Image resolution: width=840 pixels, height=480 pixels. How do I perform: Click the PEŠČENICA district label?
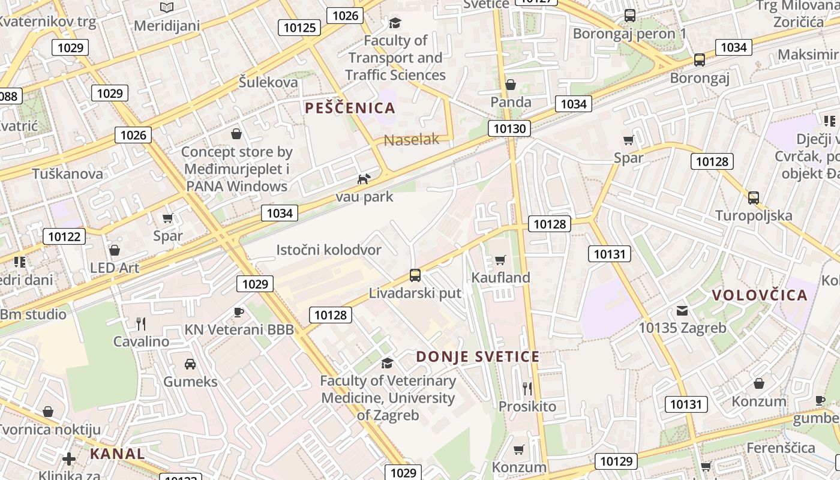click(350, 108)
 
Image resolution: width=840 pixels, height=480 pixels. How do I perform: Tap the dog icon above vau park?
click(364, 179)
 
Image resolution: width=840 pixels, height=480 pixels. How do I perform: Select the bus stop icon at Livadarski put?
click(415, 275)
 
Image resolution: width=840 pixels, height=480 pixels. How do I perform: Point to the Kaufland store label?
click(501, 277)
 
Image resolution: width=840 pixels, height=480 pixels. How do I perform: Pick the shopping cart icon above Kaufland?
click(500, 260)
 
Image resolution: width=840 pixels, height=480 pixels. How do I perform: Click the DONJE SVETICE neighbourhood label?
click(478, 356)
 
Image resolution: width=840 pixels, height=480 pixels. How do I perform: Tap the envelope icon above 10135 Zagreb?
click(682, 311)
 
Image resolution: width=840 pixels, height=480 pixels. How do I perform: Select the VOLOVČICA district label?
click(760, 295)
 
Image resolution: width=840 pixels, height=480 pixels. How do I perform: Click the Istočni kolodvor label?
click(329, 250)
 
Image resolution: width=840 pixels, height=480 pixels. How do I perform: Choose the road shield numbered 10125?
click(299, 27)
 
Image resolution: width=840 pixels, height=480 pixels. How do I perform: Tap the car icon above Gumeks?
click(190, 364)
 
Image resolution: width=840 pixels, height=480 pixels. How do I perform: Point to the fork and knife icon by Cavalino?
click(141, 324)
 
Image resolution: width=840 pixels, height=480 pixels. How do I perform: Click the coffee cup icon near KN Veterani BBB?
click(239, 312)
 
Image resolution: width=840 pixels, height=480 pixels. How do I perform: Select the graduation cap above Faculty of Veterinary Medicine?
click(388, 363)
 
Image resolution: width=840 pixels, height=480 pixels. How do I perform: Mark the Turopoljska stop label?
click(754, 215)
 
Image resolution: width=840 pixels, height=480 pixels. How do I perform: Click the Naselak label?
click(412, 140)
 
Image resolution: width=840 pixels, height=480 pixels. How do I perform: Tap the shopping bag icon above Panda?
click(511, 85)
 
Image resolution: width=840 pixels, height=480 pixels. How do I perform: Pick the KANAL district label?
click(118, 454)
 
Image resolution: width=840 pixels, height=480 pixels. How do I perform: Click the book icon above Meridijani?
click(167, 7)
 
